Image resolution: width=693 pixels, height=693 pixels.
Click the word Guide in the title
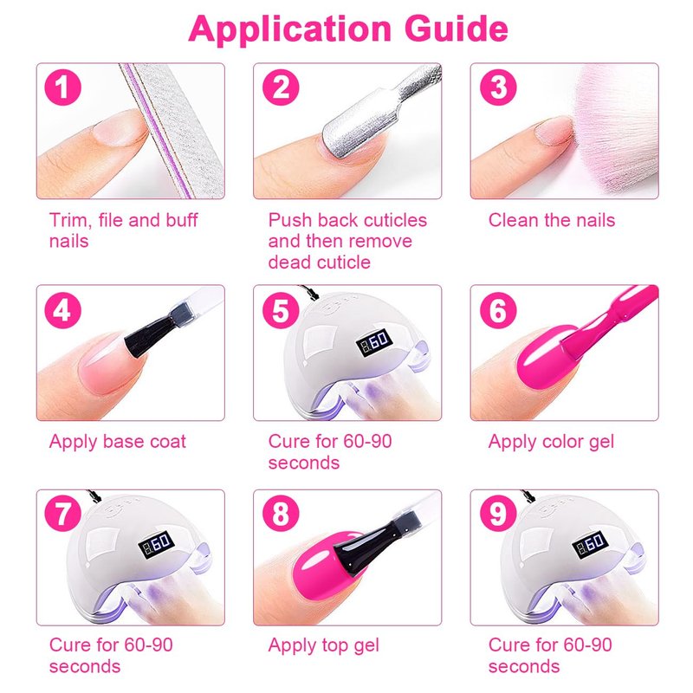click(x=457, y=30)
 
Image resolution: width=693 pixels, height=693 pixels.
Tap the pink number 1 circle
click(x=62, y=87)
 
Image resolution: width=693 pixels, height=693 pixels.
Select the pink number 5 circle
click(x=281, y=310)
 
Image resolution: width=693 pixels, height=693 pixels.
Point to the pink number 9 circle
click(x=498, y=513)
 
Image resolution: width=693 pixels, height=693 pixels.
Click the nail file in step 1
click(x=172, y=131)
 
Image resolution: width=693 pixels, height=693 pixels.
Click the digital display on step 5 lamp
click(x=374, y=341)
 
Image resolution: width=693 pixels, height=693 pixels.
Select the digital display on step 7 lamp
click(x=157, y=545)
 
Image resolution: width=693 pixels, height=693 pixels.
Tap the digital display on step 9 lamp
click(x=591, y=546)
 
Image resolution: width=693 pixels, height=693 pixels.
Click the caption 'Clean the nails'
click(x=552, y=220)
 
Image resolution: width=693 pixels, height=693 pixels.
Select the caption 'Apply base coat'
click(x=118, y=442)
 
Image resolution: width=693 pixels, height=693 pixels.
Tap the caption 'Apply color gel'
click(x=551, y=442)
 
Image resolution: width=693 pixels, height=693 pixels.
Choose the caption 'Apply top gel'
click(x=323, y=645)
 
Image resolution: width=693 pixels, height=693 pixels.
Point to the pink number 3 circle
click(x=498, y=87)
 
